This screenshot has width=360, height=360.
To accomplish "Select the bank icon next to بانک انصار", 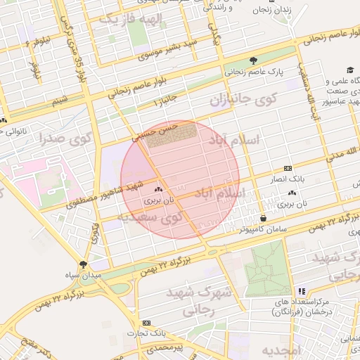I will [x=287, y=169].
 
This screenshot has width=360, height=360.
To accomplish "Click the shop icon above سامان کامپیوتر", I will [x=263, y=218].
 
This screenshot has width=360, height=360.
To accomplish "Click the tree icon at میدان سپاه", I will [x=85, y=264].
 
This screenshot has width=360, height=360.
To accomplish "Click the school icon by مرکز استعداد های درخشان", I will [x=302, y=290].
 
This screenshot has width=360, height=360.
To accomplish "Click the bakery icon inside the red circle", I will [x=157, y=190].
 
